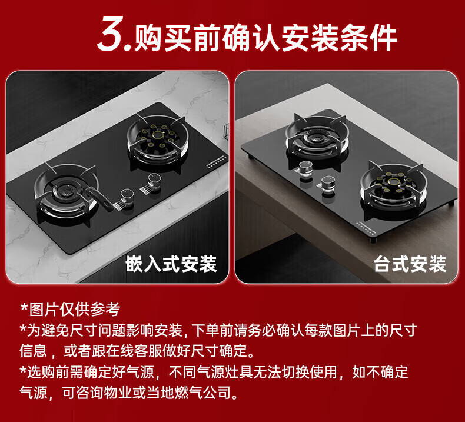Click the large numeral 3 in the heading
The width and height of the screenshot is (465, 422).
(x=111, y=33)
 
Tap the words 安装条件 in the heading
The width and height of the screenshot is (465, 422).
(x=338, y=38)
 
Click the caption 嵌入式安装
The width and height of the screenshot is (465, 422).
(x=171, y=264)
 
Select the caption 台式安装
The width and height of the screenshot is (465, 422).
(x=410, y=264)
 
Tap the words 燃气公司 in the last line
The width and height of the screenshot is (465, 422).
(x=203, y=393)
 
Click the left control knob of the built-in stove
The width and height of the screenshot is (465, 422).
(x=127, y=197)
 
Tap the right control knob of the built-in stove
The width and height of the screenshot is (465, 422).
(x=154, y=181)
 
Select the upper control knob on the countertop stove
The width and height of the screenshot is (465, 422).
(x=305, y=170)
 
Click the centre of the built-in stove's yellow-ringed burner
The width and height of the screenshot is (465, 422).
(x=158, y=135)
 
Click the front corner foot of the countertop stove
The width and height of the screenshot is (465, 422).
(x=373, y=240)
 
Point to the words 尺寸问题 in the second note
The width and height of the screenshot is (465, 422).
(x=98, y=330)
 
